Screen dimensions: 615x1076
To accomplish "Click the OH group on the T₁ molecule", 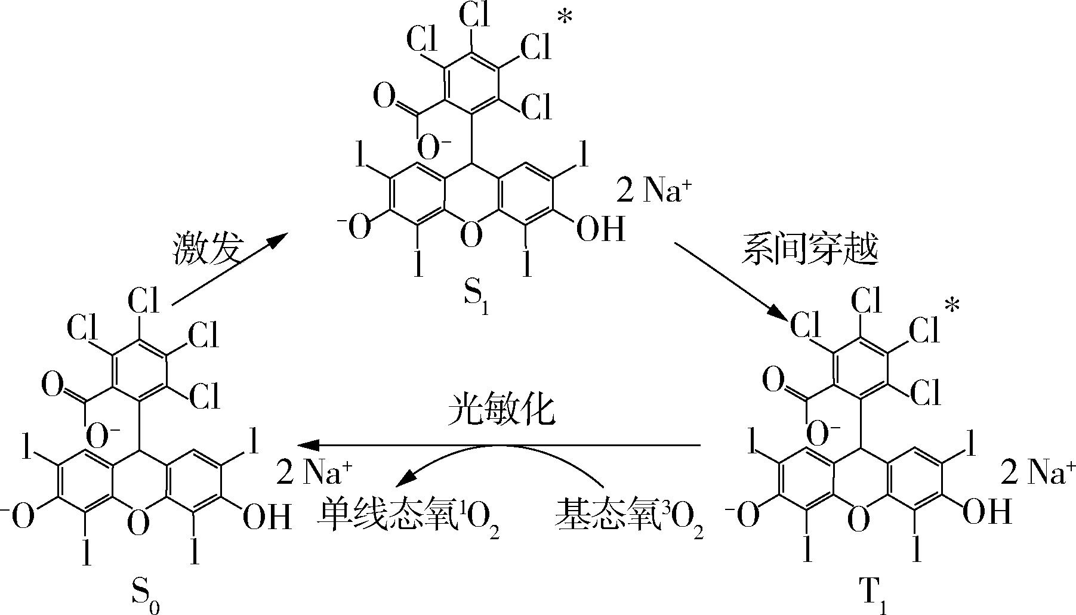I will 988,512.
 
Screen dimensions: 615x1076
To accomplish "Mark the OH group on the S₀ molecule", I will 267,517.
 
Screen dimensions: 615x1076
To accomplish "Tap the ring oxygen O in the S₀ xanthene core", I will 138,524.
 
